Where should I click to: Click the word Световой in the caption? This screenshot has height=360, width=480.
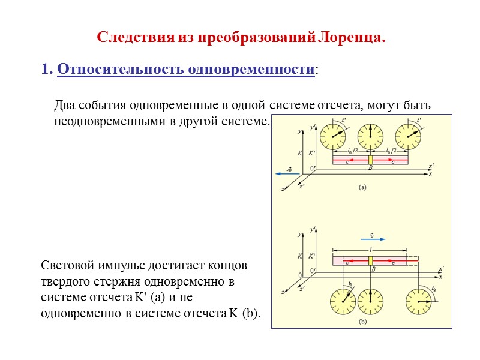point(65,265)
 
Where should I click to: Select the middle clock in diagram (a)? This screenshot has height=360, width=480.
point(370,136)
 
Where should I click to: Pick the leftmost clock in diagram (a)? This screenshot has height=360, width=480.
point(332,137)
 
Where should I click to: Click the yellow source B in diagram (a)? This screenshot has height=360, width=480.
point(371,161)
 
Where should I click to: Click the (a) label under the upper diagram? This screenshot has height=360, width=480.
point(362,187)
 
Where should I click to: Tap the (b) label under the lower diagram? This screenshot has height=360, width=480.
point(362,321)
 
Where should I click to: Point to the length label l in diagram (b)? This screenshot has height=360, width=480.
point(371,248)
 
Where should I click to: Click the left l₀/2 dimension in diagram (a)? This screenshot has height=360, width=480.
point(352,150)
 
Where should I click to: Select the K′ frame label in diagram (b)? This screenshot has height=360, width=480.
point(312,256)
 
